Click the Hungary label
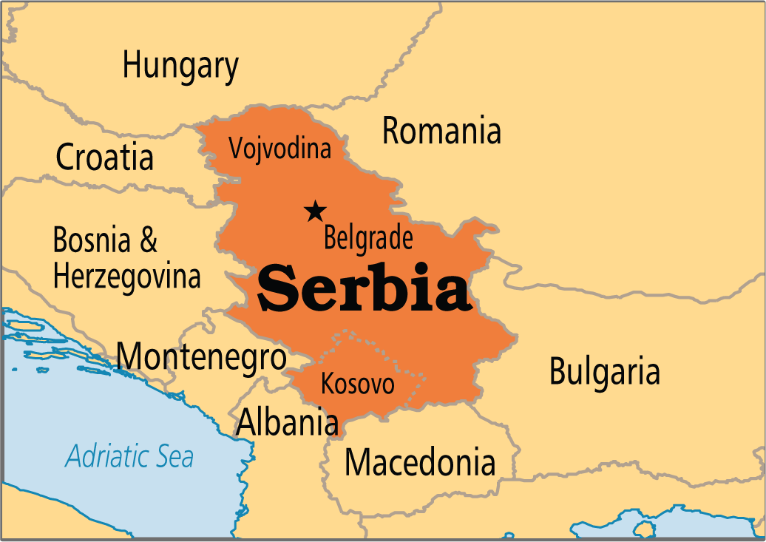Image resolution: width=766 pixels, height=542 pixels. point(180,67)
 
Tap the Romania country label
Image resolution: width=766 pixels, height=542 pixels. point(441,132)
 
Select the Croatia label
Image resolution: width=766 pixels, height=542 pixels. point(105,157)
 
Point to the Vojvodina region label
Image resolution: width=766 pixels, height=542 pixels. point(279,149)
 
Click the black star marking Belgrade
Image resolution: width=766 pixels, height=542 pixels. point(316,211)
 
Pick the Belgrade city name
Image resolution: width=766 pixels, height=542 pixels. point(368,239)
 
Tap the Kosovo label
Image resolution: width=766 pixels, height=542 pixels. point(357,384)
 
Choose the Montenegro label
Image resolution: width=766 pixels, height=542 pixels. point(202,357)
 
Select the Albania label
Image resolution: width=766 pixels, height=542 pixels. point(287,422)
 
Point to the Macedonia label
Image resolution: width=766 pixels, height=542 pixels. point(419,463)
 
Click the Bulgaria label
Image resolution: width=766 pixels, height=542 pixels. point(604,372)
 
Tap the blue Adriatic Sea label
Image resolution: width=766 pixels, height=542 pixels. point(129,456)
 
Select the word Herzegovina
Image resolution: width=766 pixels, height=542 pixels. point(127,277)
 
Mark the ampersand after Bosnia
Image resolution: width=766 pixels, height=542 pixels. point(148,240)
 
